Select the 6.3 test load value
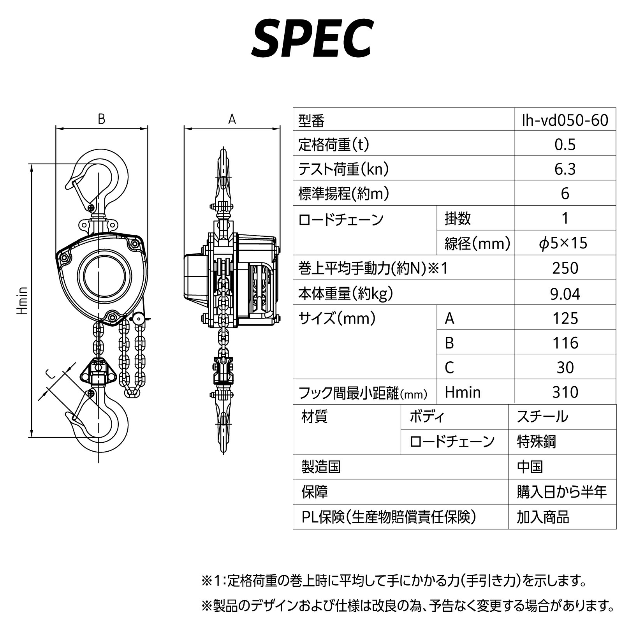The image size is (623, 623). pyautogui.click(x=565, y=169)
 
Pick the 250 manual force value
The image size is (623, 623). pyautogui.click(x=565, y=268)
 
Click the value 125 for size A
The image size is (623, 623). pyautogui.click(x=565, y=319)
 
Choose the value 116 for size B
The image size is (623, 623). pyautogui.click(x=565, y=343)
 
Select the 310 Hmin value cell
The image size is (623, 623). pyautogui.click(x=565, y=392)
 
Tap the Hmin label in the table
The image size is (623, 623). pyautogui.click(x=463, y=392)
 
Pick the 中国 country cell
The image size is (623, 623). pyautogui.click(x=530, y=467)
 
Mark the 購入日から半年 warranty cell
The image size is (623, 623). pyautogui.click(x=561, y=492)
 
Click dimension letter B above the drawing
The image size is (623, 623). pyautogui.click(x=102, y=119)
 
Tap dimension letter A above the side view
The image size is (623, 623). pyautogui.click(x=232, y=119)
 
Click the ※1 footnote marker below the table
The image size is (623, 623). pyautogui.click(x=212, y=581)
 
